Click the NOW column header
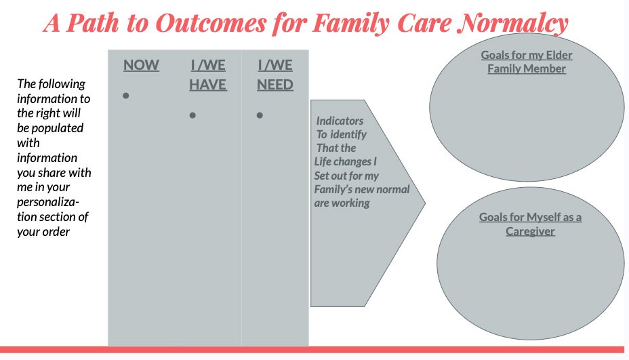(141, 66)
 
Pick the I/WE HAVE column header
(207, 75)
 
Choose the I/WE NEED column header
(275, 75)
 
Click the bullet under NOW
(125, 96)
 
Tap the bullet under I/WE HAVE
(192, 116)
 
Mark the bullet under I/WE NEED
(259, 116)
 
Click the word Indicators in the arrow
(340, 121)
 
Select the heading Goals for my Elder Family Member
(527, 62)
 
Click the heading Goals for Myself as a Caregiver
(530, 224)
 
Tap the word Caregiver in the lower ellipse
(530, 231)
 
